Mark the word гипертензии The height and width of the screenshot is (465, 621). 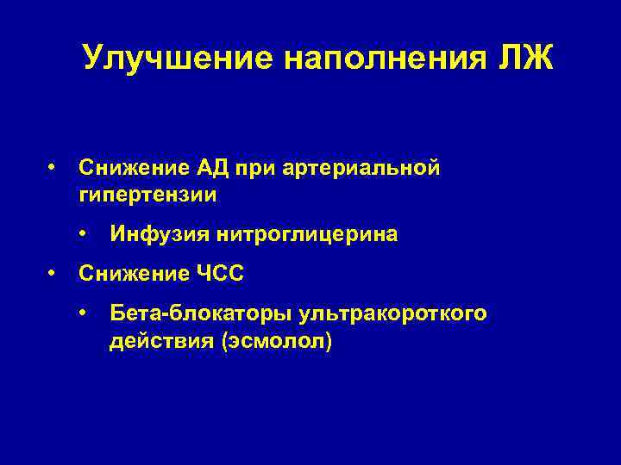[147, 195]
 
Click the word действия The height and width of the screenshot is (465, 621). [161, 342]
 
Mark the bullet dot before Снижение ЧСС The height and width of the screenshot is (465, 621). [53, 273]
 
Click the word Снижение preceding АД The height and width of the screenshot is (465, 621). [129, 167]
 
